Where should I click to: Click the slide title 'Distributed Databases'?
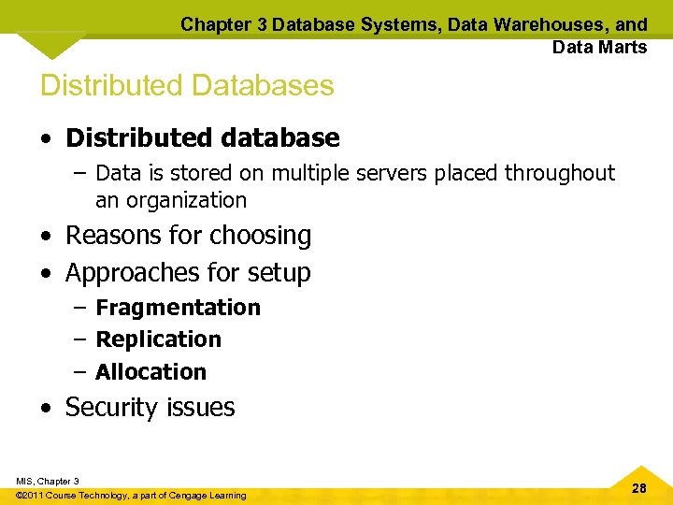coord(187,85)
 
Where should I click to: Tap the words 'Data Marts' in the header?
coord(599,47)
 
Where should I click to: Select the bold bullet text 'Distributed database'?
coord(202,138)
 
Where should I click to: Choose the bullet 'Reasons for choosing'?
coord(188,235)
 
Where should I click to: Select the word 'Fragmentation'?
coord(178,308)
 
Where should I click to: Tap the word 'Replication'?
coord(158,339)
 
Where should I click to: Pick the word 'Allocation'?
coord(150,372)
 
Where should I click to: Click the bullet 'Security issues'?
coord(150,408)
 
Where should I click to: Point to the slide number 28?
coord(639,489)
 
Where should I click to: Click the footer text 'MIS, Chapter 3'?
coord(48,481)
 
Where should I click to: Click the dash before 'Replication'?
coord(79,339)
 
